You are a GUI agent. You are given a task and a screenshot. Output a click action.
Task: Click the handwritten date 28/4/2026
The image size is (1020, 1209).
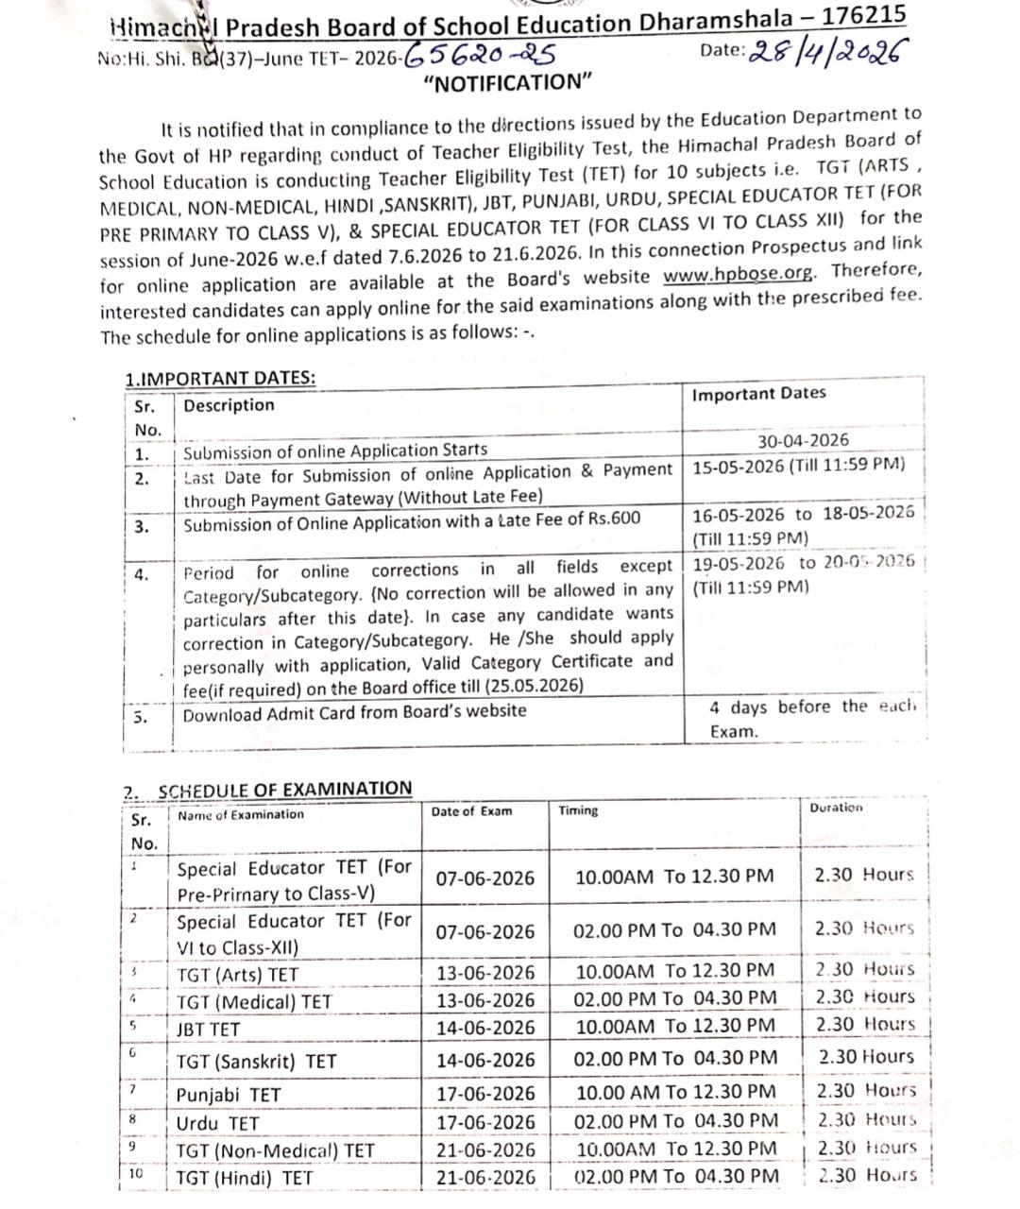822,53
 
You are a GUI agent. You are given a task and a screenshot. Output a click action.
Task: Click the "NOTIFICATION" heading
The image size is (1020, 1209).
507,82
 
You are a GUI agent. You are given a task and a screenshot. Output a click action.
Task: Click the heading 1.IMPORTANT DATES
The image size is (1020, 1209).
220,379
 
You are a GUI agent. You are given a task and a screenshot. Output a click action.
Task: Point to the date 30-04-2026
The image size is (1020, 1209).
803,440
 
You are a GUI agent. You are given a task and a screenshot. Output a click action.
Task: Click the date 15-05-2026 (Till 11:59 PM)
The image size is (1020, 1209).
798,466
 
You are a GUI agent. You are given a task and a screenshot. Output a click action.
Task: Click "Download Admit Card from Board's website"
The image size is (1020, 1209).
354,713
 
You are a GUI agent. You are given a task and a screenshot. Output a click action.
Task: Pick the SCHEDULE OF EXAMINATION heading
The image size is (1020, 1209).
284,789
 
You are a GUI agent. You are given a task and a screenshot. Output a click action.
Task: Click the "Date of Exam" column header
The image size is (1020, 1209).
471,811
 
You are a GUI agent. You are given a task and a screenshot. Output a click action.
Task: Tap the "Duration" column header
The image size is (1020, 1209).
836,809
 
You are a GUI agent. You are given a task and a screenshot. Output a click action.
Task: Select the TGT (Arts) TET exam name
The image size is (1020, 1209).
237,975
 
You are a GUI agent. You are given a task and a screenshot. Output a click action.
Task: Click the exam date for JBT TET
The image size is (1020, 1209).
484,1028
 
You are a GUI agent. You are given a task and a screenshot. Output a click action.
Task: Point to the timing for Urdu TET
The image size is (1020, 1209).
676,1121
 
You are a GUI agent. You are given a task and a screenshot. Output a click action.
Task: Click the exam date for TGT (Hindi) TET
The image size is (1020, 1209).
484,1178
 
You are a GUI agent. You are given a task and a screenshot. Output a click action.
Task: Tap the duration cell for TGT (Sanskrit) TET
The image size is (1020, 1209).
865,1057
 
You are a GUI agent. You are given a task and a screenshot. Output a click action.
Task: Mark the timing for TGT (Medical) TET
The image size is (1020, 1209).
676,998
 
